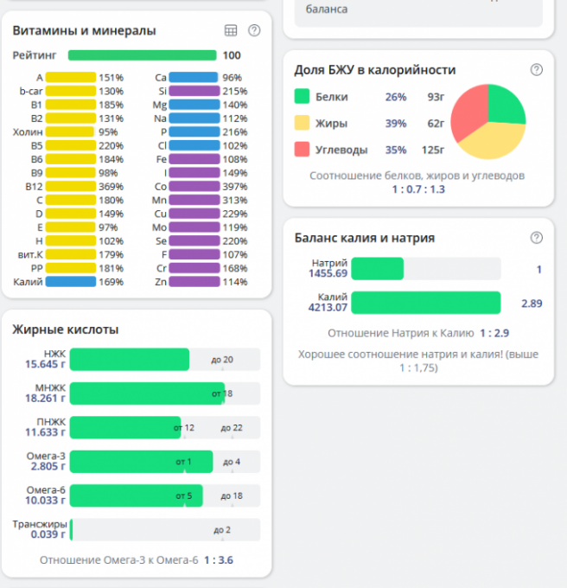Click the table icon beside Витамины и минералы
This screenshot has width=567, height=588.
click(231, 30)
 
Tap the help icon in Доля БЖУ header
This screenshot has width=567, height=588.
click(536, 70)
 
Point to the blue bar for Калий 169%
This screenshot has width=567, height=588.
click(70, 281)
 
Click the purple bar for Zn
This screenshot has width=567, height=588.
click(194, 281)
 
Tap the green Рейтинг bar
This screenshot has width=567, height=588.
click(142, 55)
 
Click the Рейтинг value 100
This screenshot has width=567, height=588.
click(232, 55)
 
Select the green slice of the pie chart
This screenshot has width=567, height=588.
click(505, 104)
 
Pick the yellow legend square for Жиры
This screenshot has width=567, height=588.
click(302, 123)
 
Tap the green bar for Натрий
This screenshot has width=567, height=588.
click(377, 269)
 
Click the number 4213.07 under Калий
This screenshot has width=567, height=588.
click(328, 307)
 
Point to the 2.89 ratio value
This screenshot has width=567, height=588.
click(531, 304)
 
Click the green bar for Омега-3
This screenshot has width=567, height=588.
click(141, 462)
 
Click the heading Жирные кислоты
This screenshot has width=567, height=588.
click(66, 329)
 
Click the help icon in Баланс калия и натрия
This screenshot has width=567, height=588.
click(536, 238)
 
